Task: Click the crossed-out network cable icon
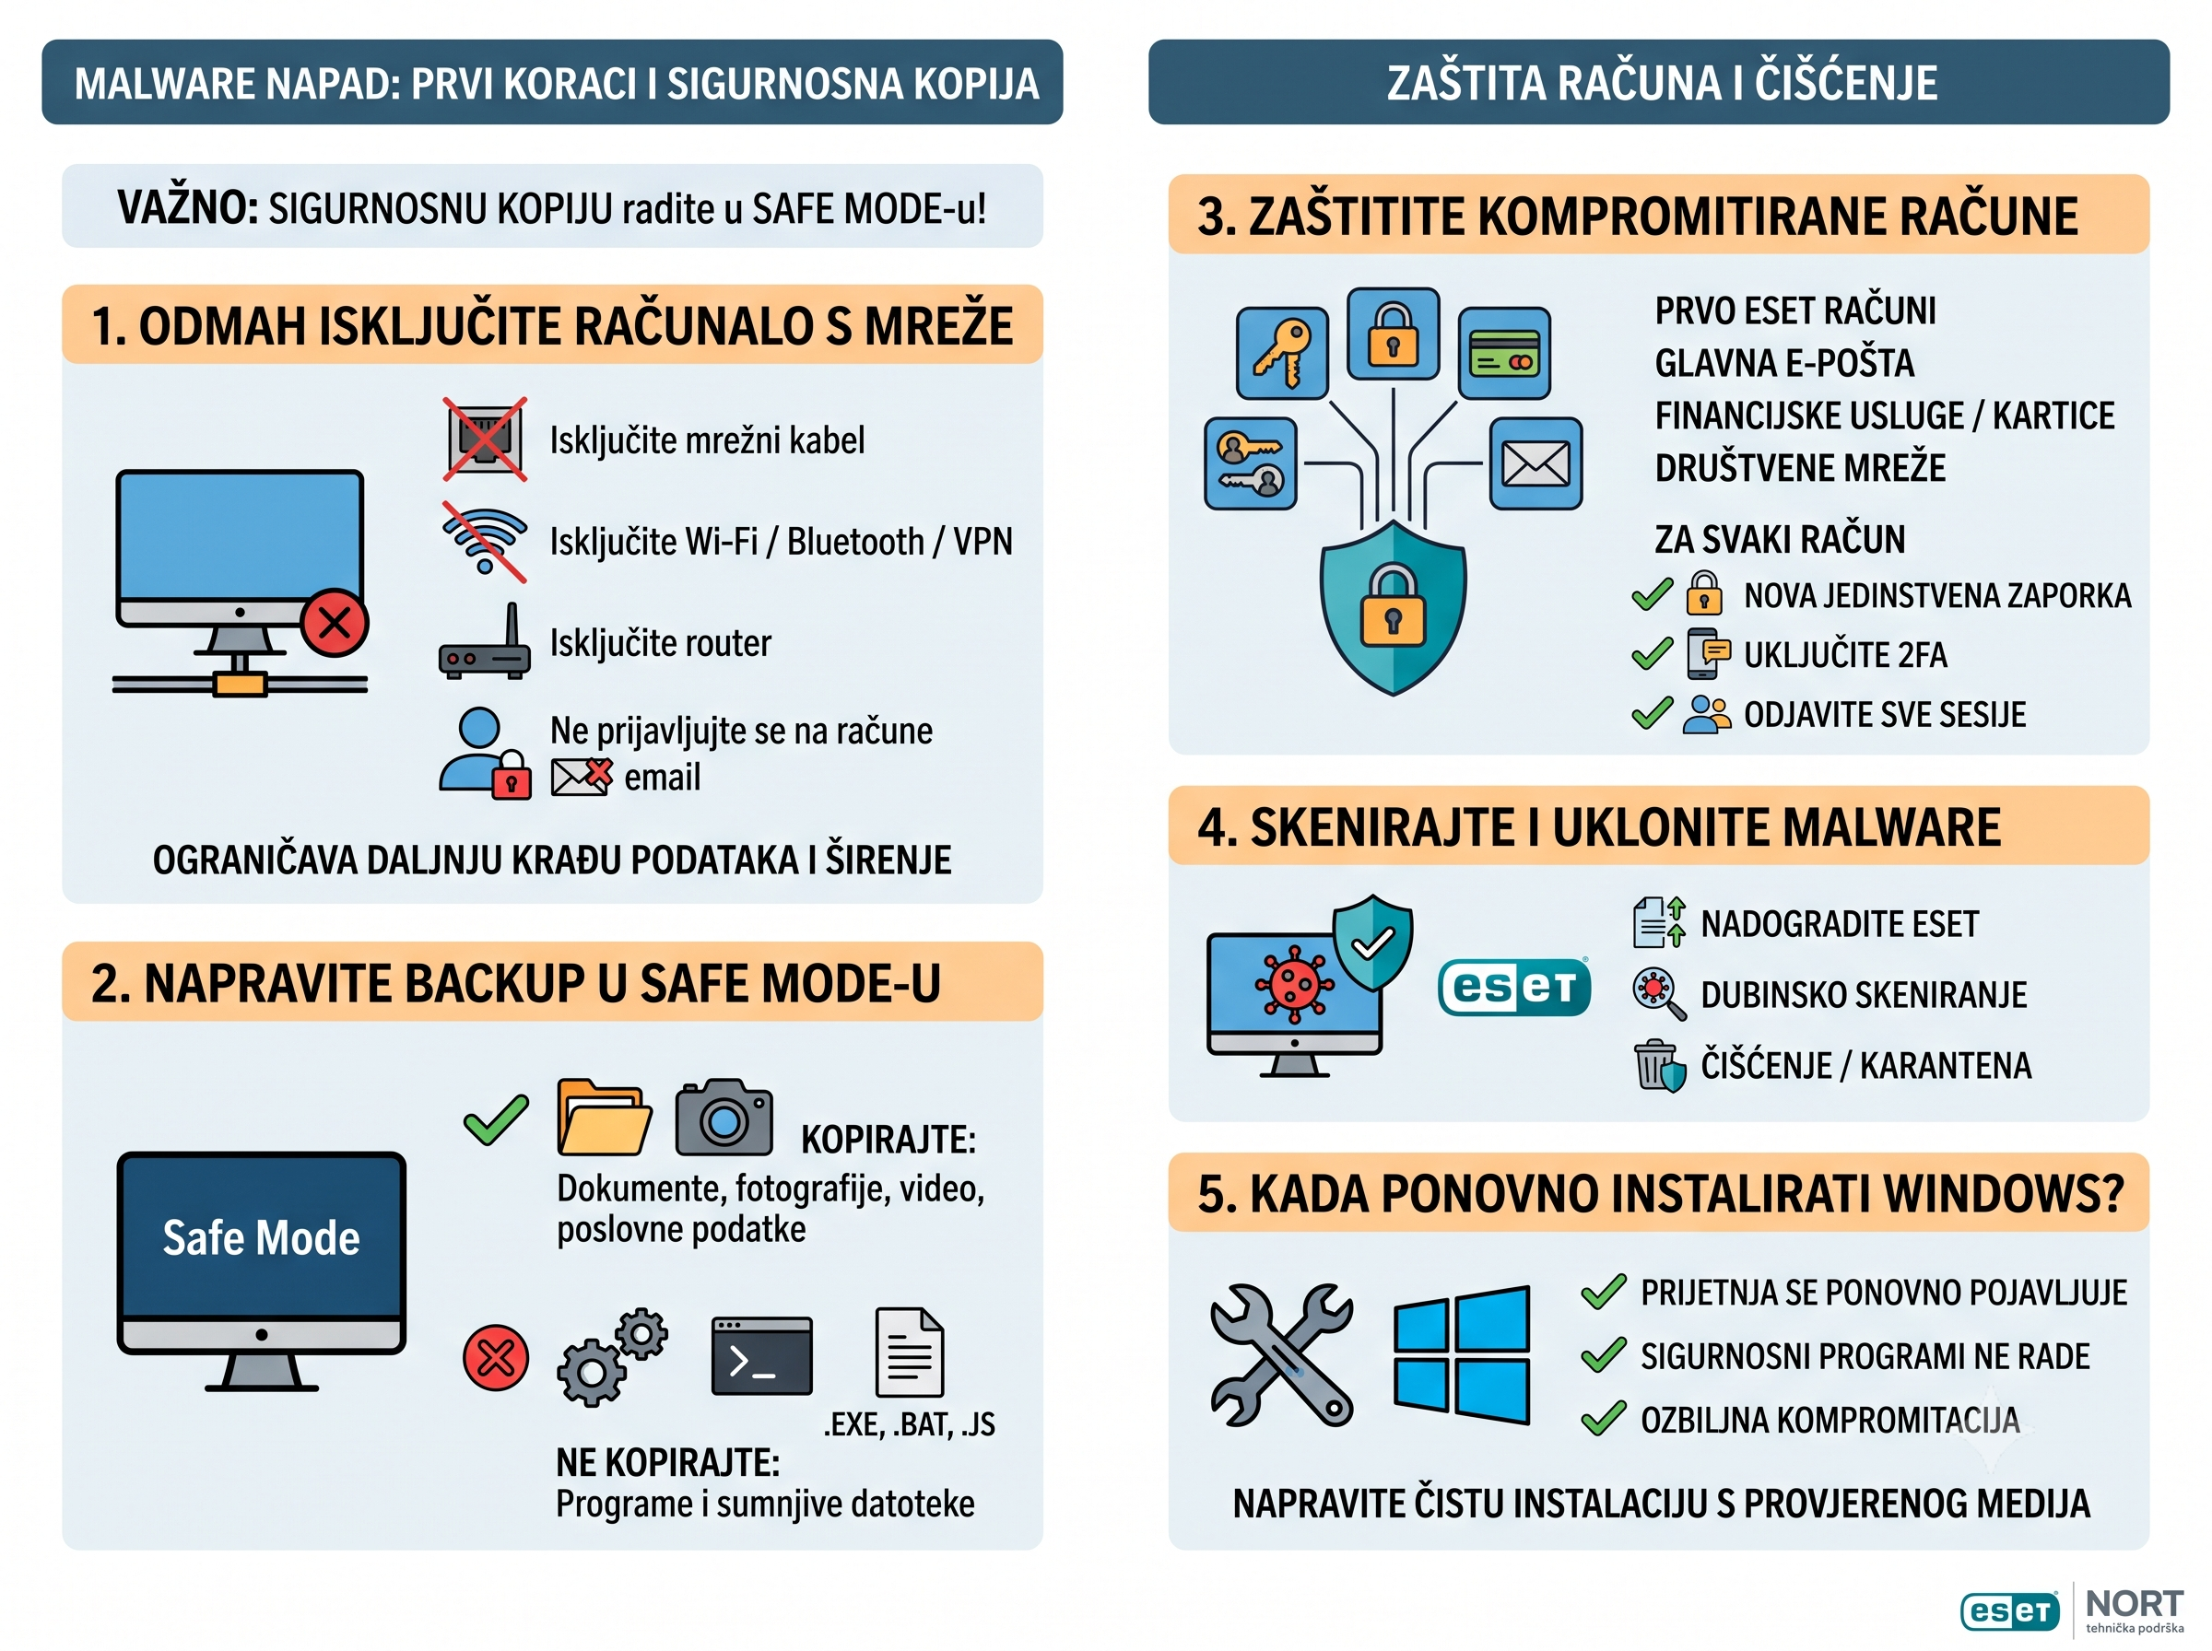[x=485, y=439]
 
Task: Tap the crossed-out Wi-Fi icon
[x=485, y=542]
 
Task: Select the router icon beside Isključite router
[x=485, y=641]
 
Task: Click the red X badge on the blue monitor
[x=335, y=623]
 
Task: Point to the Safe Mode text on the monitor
[x=261, y=1237]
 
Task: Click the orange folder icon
[x=604, y=1118]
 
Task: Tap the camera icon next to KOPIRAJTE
[x=724, y=1118]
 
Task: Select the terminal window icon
[x=761, y=1356]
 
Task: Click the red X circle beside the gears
[x=496, y=1358]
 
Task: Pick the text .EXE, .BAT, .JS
[x=909, y=1424]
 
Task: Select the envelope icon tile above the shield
[x=1536, y=463]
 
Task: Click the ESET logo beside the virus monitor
[x=1514, y=988]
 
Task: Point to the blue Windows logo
[x=1463, y=1355]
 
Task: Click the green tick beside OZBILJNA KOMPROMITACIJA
[x=1604, y=1418]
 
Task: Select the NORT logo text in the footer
[x=2134, y=1604]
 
